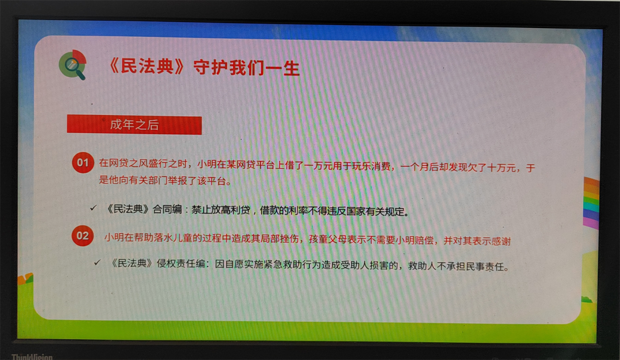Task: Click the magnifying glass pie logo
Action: coord(72,64)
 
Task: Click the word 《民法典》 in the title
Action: coord(147,66)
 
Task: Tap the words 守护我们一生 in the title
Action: coord(246,68)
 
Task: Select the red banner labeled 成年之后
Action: coord(134,125)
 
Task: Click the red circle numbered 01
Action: coord(83,162)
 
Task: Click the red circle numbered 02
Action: coord(82,236)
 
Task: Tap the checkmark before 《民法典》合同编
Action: coord(94,208)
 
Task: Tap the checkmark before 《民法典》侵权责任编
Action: coord(97,262)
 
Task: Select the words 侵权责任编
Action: coord(181,264)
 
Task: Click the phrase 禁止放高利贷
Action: coord(220,210)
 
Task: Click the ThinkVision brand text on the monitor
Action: coord(32,357)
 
